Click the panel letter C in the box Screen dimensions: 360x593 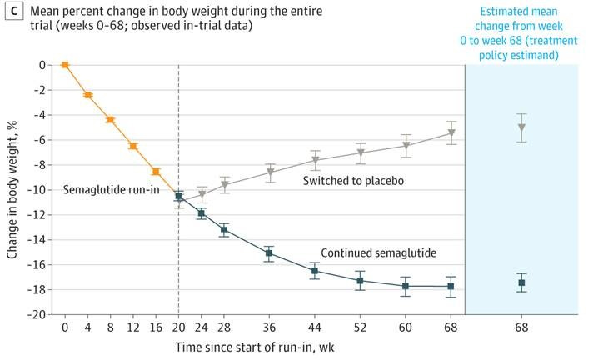pyautogui.click(x=12, y=12)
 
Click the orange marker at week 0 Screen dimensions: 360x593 pyautogui.click(x=65, y=64)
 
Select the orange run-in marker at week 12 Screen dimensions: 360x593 pyautogui.click(x=132, y=146)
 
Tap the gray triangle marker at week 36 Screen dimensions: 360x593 pyautogui.click(x=270, y=172)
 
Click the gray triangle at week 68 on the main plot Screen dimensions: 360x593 pyautogui.click(x=451, y=132)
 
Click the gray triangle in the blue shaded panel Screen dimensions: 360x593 pyautogui.click(x=521, y=127)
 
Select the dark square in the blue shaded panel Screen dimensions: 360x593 pyautogui.click(x=521, y=283)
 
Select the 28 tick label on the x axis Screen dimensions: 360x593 pyautogui.click(x=224, y=328)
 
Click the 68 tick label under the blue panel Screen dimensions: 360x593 pyautogui.click(x=521, y=328)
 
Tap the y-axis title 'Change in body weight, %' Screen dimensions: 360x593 pyautogui.click(x=12, y=190)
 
